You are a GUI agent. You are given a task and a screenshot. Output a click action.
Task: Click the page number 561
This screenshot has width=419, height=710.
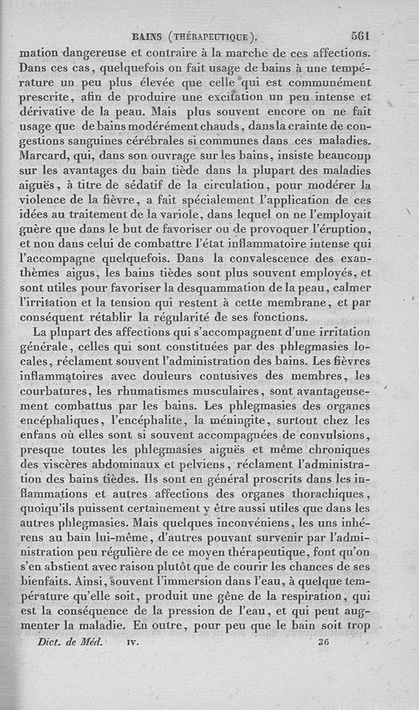(x=361, y=37)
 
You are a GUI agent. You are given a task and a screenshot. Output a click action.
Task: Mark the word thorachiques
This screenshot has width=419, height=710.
(x=331, y=494)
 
